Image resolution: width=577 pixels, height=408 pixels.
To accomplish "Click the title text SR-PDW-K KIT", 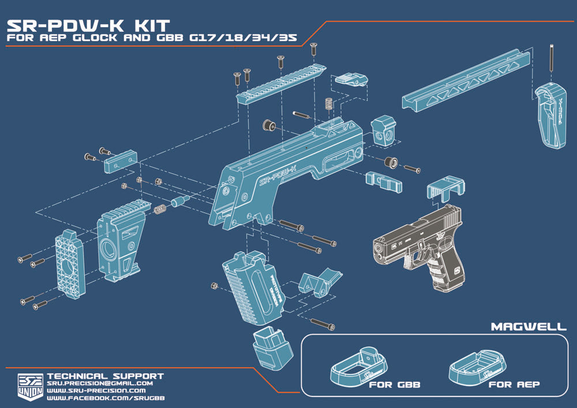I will [x=88, y=25].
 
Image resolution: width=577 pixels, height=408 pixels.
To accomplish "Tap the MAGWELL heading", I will [x=529, y=327].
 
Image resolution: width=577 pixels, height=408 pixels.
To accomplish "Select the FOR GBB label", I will [x=394, y=384].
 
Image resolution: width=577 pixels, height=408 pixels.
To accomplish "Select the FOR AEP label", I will [x=514, y=384].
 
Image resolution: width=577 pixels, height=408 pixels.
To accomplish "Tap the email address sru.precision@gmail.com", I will [x=99, y=383].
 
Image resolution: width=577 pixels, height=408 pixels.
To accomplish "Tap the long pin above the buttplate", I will [x=553, y=58].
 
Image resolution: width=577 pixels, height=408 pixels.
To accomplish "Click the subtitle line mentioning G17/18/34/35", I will [x=151, y=39].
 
